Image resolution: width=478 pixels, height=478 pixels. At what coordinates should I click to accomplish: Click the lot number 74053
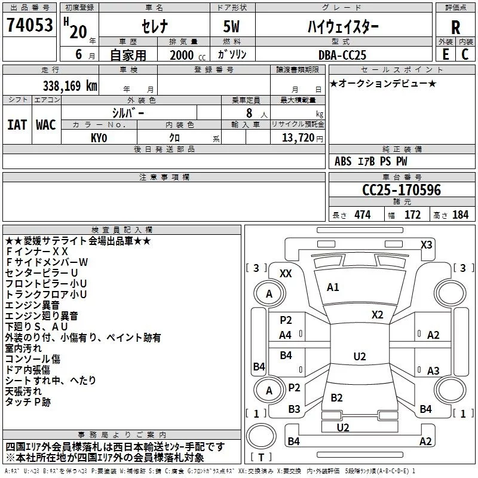point(29,24)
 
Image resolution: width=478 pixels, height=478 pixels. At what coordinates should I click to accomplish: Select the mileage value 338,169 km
point(70,86)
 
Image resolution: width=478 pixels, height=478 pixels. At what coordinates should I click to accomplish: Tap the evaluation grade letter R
point(455,27)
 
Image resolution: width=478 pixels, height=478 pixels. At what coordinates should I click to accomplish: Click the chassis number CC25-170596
point(402,189)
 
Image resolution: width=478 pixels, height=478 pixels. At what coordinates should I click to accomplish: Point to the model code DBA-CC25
point(342,55)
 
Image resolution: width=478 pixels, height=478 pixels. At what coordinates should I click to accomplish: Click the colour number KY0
point(99,138)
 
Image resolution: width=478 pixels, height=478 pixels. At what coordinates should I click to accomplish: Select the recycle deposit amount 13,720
point(298,138)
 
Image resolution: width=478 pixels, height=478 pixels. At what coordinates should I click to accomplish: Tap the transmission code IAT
point(17,125)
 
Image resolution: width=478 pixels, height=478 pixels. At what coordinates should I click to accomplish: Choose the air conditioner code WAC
point(46,125)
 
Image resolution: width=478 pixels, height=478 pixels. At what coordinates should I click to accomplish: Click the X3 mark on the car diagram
point(426,245)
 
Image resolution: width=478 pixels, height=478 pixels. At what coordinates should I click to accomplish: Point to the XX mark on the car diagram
point(286,274)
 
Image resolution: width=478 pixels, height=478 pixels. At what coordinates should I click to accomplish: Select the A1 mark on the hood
point(333,287)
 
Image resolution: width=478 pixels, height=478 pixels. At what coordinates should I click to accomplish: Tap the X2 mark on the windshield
point(377,315)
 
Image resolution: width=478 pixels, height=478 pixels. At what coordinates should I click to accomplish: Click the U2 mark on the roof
point(360,356)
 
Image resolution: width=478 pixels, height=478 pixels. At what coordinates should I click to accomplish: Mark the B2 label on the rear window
point(336,397)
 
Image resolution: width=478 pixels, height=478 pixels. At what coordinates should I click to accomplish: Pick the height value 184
point(460,215)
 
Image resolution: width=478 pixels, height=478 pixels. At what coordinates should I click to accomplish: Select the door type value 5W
point(231,26)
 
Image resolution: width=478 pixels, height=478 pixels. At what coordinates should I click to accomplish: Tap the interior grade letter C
point(465,54)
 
